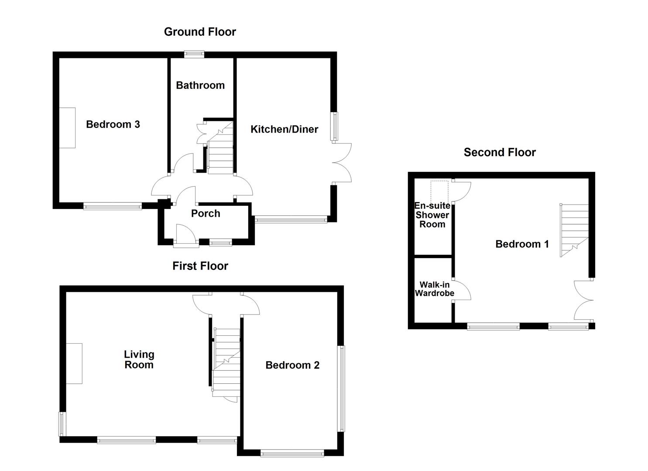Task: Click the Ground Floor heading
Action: (x=200, y=32)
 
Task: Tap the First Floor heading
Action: (x=200, y=266)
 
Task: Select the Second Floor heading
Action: (x=499, y=152)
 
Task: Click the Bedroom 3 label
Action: (x=113, y=125)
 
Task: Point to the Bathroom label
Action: (x=200, y=85)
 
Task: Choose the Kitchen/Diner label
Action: (x=284, y=130)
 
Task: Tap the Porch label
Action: (x=206, y=214)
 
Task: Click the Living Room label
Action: (x=139, y=360)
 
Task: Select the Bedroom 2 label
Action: (x=292, y=365)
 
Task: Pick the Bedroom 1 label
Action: (x=522, y=244)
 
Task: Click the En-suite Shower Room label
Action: (x=432, y=215)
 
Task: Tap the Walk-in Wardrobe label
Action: (x=434, y=289)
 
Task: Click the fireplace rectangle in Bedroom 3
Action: (x=67, y=128)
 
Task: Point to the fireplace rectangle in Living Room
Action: (x=74, y=363)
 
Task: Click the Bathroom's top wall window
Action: (x=194, y=54)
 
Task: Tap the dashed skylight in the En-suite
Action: (x=439, y=190)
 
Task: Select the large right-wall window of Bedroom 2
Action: (x=342, y=389)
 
